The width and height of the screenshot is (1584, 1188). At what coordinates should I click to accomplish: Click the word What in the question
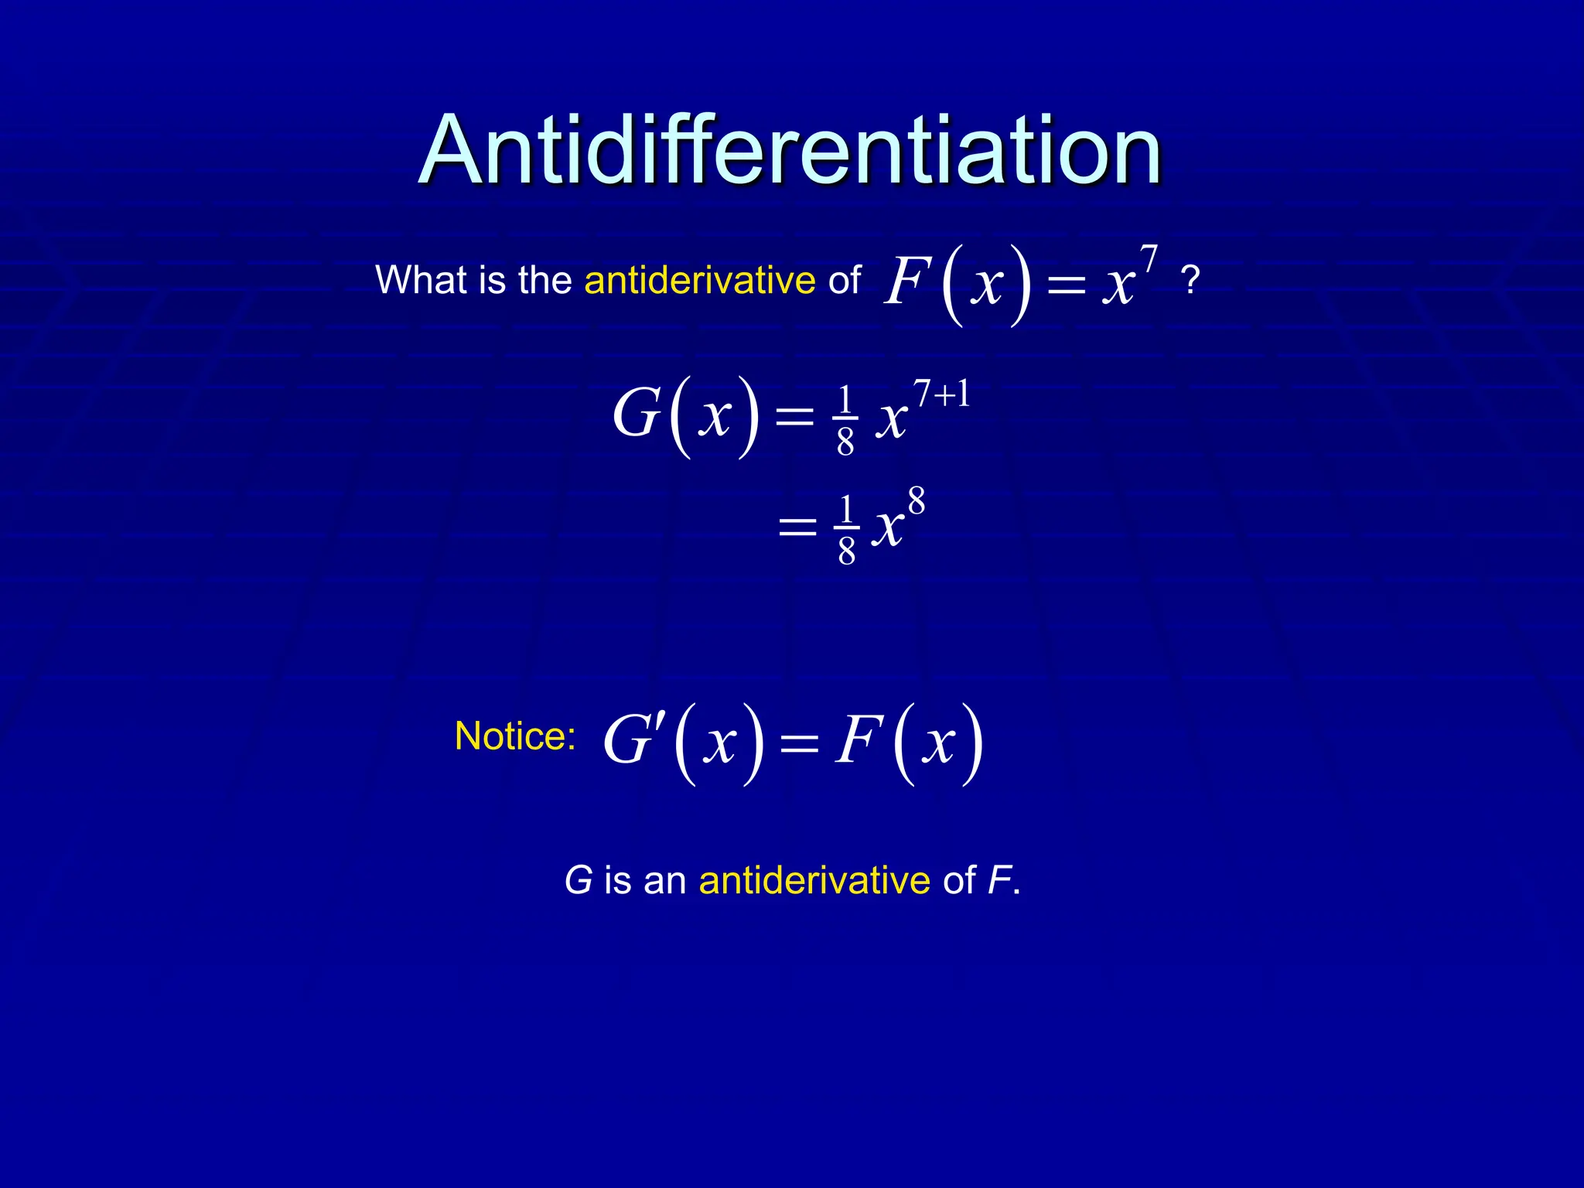coord(421,279)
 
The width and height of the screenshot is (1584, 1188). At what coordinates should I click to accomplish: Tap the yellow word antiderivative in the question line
coord(699,279)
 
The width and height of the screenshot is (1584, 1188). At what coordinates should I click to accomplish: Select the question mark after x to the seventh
coord(1190,281)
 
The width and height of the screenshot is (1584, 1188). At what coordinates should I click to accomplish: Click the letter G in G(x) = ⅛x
coord(636,414)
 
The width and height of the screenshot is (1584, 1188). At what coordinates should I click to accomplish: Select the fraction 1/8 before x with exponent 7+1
coord(845,421)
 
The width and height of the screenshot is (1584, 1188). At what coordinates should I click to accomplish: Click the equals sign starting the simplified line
coord(797,529)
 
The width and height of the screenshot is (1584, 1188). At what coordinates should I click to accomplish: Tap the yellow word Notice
coord(514,736)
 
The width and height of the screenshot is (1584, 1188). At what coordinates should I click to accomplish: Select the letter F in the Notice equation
coord(858,740)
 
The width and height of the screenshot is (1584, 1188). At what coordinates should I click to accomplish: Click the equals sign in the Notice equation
coord(799,744)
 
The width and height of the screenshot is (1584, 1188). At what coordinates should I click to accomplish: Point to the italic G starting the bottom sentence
coord(578,880)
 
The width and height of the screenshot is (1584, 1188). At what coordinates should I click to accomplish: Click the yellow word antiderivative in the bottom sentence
coord(814,880)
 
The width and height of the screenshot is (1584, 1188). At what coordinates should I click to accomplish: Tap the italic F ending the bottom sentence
coord(1000,880)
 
